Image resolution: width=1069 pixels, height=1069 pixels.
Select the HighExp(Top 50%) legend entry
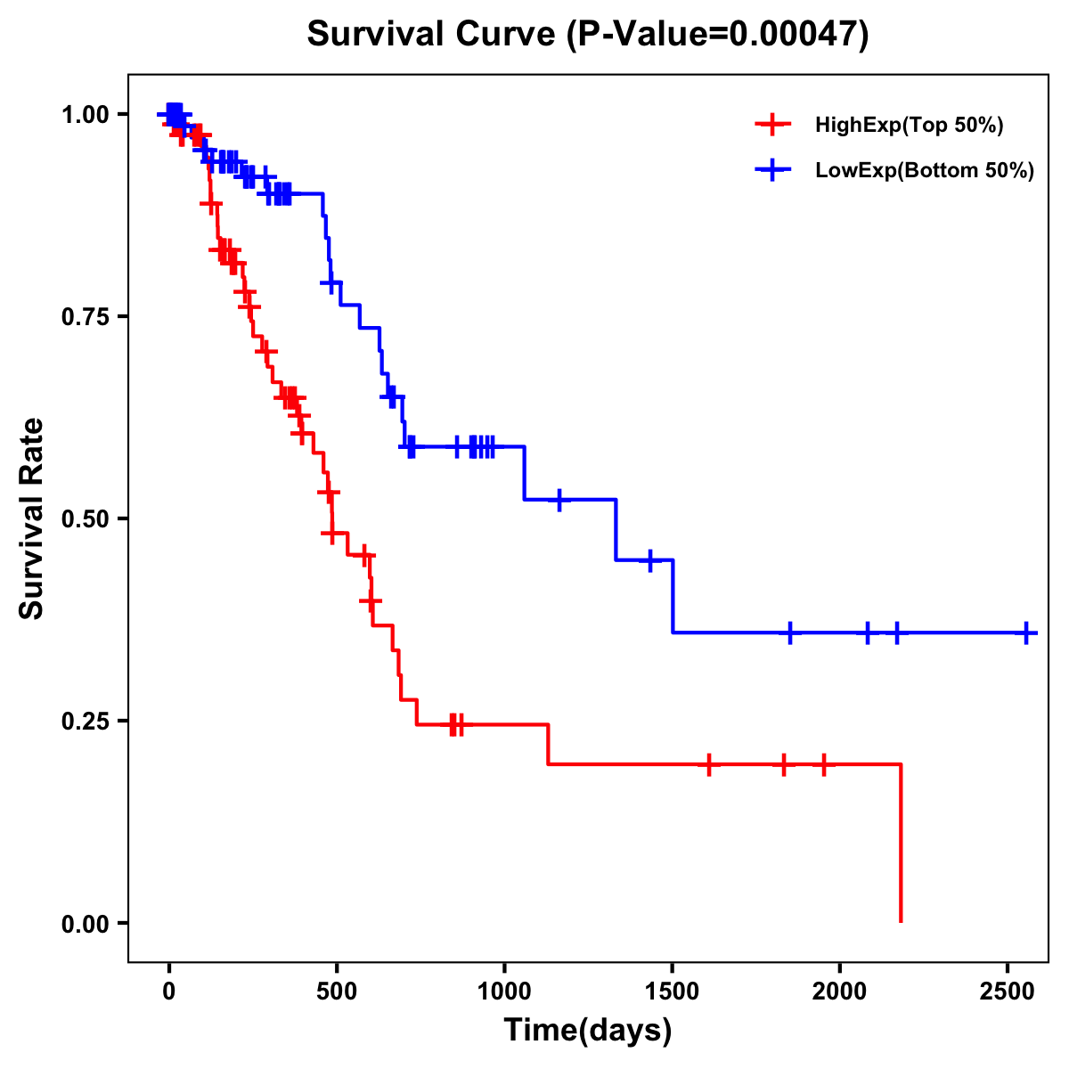(x=909, y=126)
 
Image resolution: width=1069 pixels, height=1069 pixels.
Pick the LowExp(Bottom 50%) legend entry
(x=924, y=171)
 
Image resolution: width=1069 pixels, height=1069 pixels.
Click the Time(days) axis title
(x=588, y=1031)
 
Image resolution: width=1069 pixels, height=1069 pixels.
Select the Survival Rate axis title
(x=32, y=518)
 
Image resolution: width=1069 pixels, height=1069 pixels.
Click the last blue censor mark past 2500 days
(x=1026, y=632)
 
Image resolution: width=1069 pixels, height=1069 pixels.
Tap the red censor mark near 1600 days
(x=709, y=764)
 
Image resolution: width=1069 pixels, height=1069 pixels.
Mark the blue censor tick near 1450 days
(x=650, y=560)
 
